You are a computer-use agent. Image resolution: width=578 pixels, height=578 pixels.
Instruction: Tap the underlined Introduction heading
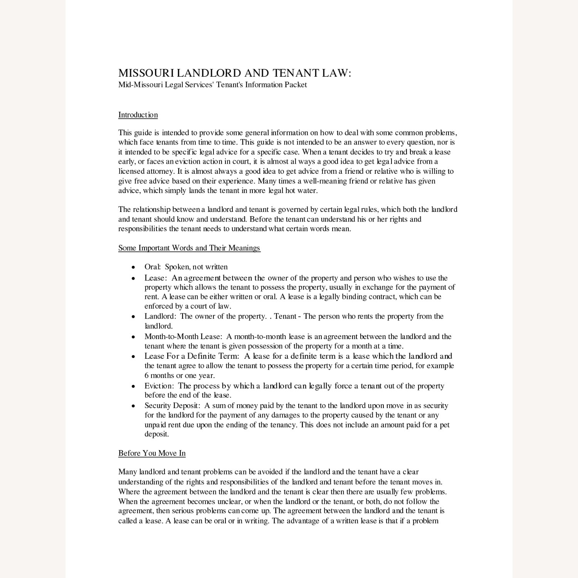138,115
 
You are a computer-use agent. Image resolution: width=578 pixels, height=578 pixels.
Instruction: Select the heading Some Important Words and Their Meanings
189,248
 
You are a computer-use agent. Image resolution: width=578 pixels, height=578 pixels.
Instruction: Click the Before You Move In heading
152,453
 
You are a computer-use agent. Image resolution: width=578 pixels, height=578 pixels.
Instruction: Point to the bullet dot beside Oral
133,267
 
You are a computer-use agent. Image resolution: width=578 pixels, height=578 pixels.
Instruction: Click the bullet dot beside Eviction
133,386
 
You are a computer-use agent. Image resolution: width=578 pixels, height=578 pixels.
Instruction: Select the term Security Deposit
172,405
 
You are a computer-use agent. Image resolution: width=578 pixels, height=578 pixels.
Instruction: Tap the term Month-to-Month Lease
183,336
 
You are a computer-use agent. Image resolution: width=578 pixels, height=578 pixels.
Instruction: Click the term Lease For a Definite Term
192,356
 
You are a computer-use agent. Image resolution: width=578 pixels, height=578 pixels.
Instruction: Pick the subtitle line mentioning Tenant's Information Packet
212,85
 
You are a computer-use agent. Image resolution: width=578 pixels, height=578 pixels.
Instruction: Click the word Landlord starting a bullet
160,316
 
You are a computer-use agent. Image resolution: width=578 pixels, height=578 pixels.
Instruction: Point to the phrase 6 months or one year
180,375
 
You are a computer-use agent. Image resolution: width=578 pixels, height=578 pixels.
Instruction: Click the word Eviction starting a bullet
159,386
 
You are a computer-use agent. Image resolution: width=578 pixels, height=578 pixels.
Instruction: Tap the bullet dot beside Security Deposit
133,406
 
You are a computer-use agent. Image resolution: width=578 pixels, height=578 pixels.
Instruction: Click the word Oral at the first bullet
152,267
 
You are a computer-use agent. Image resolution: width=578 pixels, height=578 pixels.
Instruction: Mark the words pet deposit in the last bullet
440,425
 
